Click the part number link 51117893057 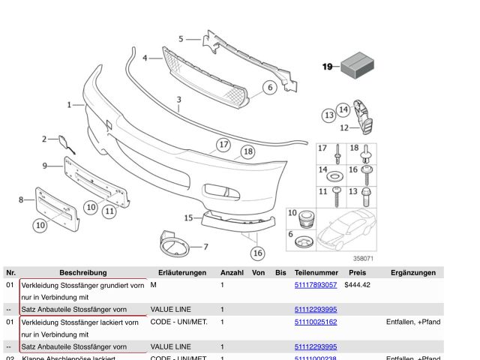point(316,285)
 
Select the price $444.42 point(357,285)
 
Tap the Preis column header point(357,272)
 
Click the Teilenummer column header point(316,272)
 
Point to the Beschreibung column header point(83,272)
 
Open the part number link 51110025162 point(316,322)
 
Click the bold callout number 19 point(328,67)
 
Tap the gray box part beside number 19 point(357,64)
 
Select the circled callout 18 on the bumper point(247,152)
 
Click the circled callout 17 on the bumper point(223,145)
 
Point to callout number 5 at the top point(180,38)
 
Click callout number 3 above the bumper point(179,99)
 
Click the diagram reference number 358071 point(362,259)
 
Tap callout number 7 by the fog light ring point(205,246)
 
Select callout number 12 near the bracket point(344,127)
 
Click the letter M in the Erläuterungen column point(153,285)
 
